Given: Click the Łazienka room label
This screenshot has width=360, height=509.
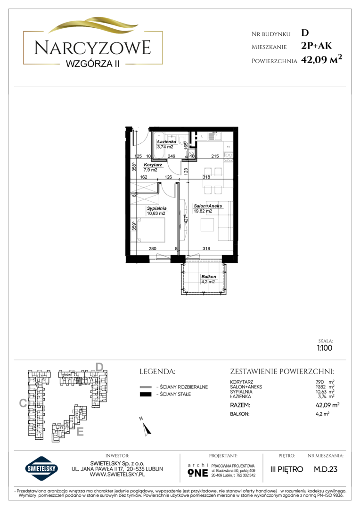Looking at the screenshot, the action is (166, 141).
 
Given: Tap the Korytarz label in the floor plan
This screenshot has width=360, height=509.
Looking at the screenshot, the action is (153, 165).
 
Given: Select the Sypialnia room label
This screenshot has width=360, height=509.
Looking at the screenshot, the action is (156, 208).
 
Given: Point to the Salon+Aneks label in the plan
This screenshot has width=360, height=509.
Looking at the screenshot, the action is (208, 206).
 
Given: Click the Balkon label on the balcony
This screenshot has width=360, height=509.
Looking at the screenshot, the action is (208, 277).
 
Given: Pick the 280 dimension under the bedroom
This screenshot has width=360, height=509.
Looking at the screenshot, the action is (152, 249).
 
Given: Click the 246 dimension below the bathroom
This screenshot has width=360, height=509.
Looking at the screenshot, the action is (171, 156).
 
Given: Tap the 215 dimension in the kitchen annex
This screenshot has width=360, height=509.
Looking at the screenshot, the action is (215, 156).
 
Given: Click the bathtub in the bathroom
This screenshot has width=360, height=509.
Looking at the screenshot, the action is (159, 145).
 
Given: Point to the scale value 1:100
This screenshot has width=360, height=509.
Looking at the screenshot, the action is (325, 348).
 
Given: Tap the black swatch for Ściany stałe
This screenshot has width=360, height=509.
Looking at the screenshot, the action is (146, 394).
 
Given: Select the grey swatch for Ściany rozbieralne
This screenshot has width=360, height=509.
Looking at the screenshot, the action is (146, 387).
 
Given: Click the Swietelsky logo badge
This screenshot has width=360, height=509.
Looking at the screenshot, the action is (41, 468).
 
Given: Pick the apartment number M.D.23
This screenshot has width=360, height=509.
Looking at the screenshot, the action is (325, 469).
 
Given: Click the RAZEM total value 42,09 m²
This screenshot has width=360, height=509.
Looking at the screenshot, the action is (327, 405).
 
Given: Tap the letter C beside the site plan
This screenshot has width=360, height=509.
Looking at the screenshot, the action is (23, 403).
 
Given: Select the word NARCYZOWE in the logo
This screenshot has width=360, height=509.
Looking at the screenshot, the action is (92, 48).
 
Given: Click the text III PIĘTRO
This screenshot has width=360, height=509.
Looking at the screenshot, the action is (286, 469).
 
